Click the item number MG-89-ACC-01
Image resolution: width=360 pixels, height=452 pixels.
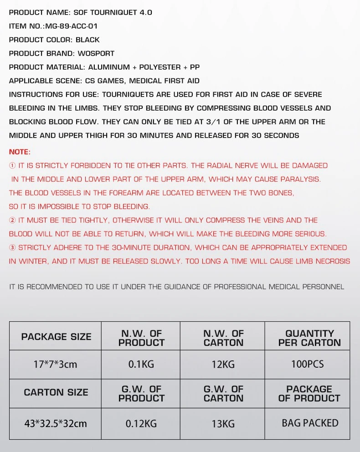[71, 26]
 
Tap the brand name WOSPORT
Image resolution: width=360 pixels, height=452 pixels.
[96, 54]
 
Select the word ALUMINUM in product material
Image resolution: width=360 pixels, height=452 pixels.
[109, 67]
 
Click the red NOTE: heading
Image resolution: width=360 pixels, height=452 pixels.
[20, 152]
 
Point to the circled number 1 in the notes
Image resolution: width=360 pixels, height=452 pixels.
[12, 166]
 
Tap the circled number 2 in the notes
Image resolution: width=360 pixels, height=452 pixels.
[12, 221]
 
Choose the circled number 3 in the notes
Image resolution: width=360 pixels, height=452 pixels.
[12, 248]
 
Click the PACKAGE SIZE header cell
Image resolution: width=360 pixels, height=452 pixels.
[56, 337]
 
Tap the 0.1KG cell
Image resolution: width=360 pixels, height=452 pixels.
[141, 365]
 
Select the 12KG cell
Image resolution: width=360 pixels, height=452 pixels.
[223, 365]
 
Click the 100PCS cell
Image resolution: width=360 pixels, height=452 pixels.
[308, 365]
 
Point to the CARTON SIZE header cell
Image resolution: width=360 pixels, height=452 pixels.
[56, 393]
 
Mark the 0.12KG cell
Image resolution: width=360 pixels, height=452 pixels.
[141, 423]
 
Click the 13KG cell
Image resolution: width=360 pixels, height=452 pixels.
[223, 423]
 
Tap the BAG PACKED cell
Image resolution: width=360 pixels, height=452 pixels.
[310, 423]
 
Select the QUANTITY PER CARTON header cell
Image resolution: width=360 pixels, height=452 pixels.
[309, 338]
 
